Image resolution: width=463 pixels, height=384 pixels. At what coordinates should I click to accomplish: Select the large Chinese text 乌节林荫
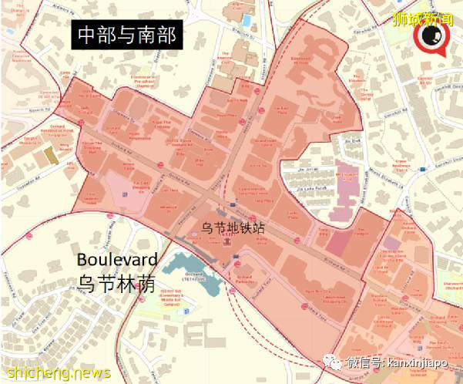[117, 282]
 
